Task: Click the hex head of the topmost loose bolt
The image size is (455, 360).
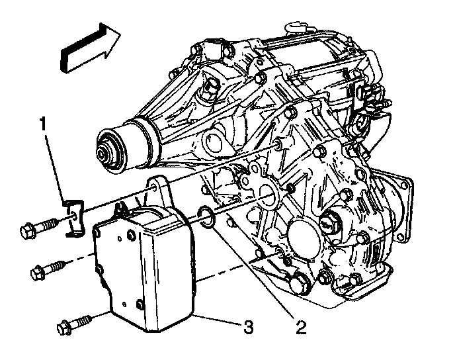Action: click(x=28, y=231)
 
